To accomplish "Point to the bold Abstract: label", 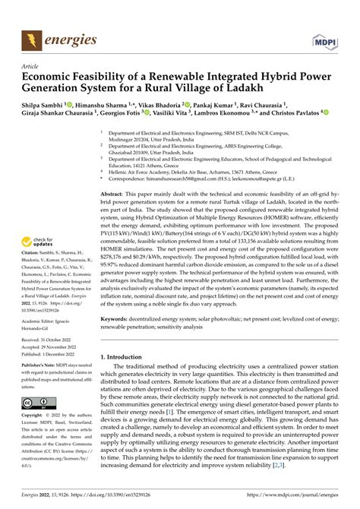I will (114, 195).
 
